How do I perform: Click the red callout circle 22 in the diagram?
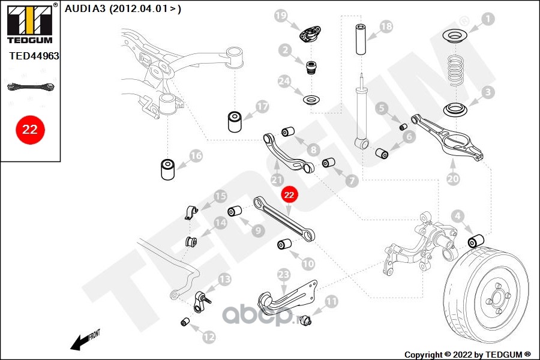(x=289, y=195)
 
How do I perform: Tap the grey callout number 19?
(x=281, y=15)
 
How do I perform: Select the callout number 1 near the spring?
(x=487, y=19)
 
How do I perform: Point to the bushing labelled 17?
(x=235, y=121)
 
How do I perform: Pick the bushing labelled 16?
(x=168, y=169)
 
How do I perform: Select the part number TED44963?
(x=34, y=56)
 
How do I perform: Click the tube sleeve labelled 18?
(x=361, y=39)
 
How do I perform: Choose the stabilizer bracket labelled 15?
(x=191, y=213)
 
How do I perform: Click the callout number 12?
(x=209, y=337)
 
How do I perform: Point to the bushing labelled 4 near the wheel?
(x=476, y=241)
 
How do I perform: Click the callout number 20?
(x=453, y=178)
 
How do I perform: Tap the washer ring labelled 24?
(x=311, y=100)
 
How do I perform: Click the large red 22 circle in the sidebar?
(x=30, y=130)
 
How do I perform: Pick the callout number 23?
(x=283, y=275)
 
